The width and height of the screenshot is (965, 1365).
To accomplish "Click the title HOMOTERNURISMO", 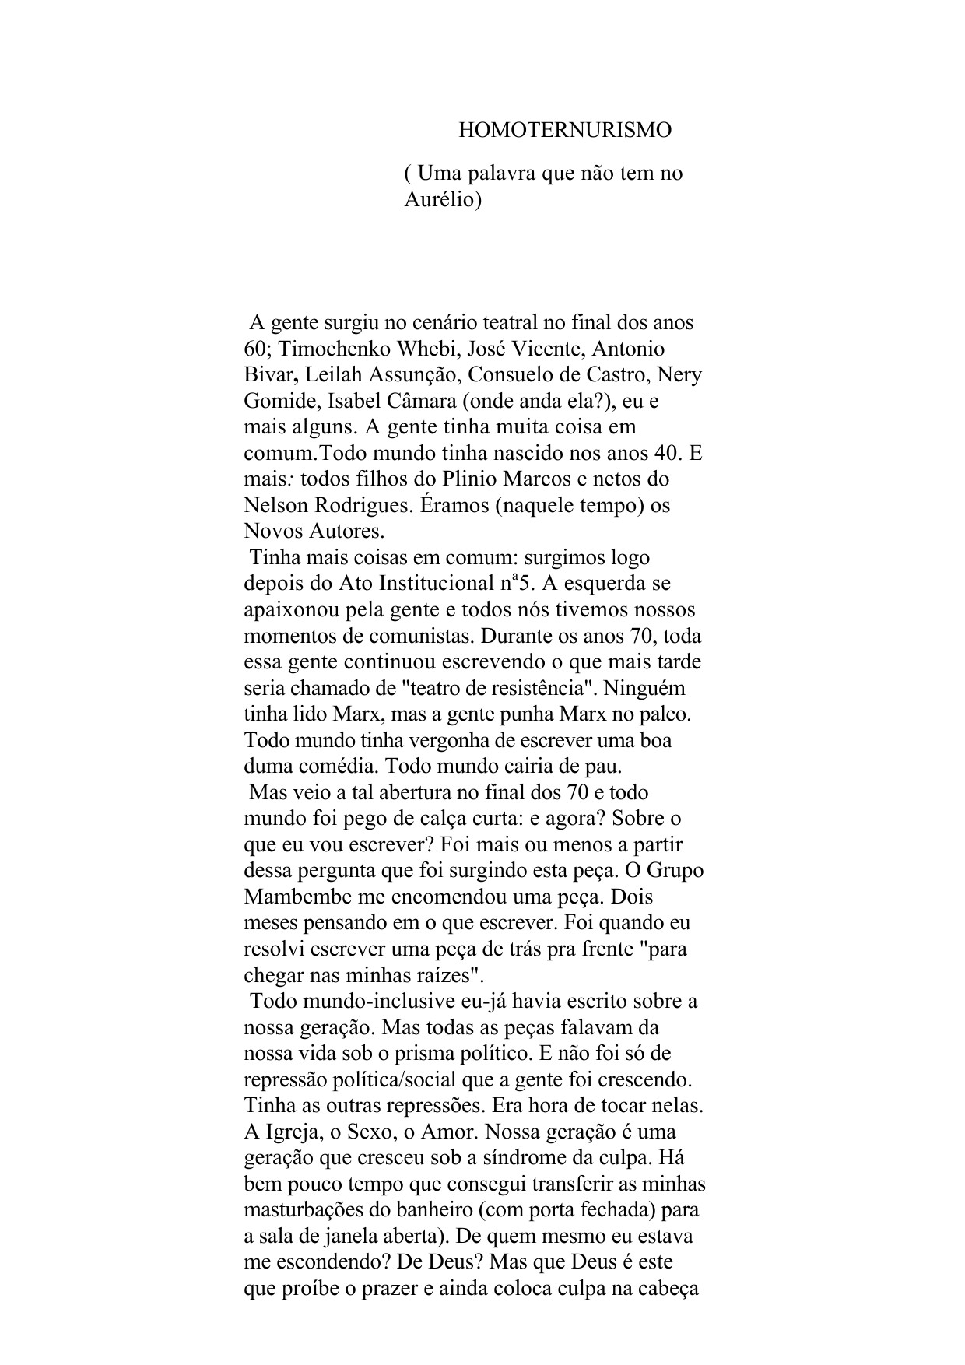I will click(x=564, y=130).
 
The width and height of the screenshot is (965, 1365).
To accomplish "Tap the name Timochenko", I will click(x=324, y=348).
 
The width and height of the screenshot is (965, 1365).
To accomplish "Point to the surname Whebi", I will click(x=412, y=348).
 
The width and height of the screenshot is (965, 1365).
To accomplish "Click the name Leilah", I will click(x=334, y=374).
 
